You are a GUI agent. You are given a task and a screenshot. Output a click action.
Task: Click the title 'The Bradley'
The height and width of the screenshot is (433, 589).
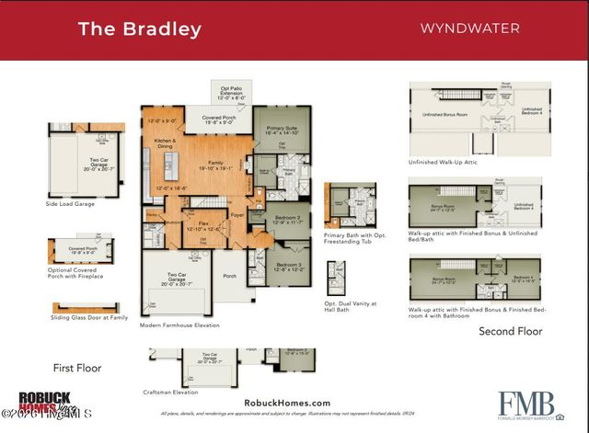pos(140,28)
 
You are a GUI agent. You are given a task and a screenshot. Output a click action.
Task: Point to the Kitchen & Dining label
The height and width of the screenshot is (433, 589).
pos(165,142)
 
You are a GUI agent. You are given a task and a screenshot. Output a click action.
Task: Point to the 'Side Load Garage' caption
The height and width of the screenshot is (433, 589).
pos(75,203)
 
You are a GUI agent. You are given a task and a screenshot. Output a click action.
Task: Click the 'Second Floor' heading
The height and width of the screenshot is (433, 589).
pos(510,331)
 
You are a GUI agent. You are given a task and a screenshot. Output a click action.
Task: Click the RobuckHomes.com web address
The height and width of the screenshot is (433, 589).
pos(287,403)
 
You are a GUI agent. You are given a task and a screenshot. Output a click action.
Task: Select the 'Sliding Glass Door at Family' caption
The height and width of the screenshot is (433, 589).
pos(88,317)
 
